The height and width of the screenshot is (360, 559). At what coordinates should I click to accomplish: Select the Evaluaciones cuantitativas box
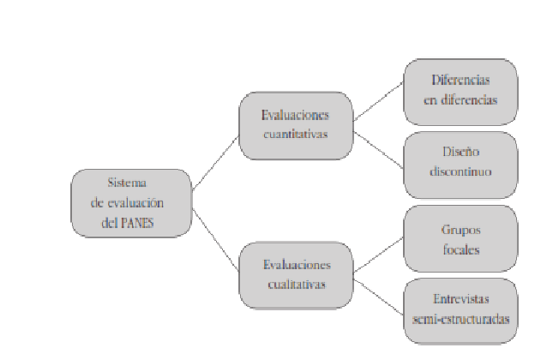[x=296, y=125]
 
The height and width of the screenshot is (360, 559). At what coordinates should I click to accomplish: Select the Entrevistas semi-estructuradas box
[x=460, y=310]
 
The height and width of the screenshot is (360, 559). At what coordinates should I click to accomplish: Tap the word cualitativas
[x=296, y=285]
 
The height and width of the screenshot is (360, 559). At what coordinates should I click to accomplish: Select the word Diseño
[x=460, y=154]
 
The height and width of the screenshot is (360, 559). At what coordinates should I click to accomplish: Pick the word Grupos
[x=460, y=230]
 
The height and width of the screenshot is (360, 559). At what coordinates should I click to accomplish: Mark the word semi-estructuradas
[x=460, y=319]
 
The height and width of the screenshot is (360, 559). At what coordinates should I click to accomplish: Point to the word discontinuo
[x=460, y=171]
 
